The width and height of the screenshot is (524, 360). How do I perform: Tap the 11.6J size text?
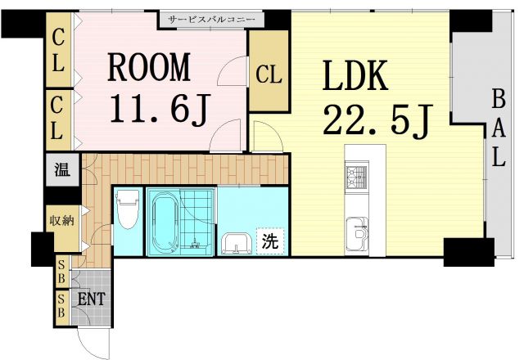point(160,108)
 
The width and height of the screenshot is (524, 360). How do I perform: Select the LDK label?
point(355,76)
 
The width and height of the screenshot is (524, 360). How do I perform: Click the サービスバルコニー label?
point(211,20)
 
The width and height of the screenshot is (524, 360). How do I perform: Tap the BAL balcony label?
point(499,128)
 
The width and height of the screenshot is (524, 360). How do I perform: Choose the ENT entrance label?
point(91,299)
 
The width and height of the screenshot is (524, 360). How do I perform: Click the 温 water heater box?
point(62,169)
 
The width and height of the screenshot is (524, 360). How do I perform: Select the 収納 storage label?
point(62,220)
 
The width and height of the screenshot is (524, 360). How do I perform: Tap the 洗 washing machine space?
point(270,241)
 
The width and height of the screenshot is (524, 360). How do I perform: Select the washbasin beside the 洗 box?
point(237,244)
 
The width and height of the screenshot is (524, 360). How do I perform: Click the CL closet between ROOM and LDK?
point(269,71)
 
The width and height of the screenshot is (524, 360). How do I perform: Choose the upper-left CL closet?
point(58,50)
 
